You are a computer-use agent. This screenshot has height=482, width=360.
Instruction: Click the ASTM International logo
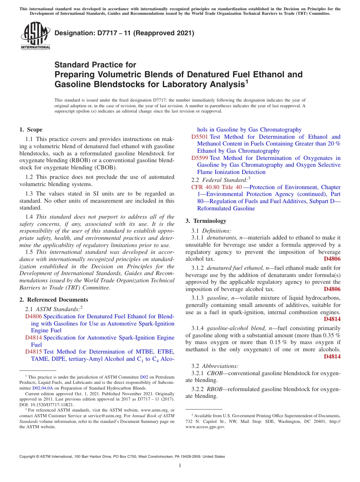[x=36, y=36]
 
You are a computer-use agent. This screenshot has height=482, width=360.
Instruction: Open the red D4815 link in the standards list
[x=33, y=352]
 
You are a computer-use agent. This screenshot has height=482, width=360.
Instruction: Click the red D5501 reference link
[x=200, y=137]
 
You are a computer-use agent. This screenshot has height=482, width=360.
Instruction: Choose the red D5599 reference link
[x=200, y=158]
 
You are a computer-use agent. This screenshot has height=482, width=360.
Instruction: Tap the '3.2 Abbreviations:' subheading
[x=215, y=366]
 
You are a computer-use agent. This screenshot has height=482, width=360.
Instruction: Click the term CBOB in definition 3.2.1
[x=214, y=373]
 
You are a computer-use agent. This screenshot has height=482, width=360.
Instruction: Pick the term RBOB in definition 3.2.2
[x=214, y=389]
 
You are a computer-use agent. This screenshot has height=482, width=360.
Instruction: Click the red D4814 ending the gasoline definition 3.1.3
[x=332, y=319]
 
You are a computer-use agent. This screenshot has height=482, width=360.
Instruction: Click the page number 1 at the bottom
[x=180, y=466]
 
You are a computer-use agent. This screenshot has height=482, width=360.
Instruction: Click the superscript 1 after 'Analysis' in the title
[x=247, y=81]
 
